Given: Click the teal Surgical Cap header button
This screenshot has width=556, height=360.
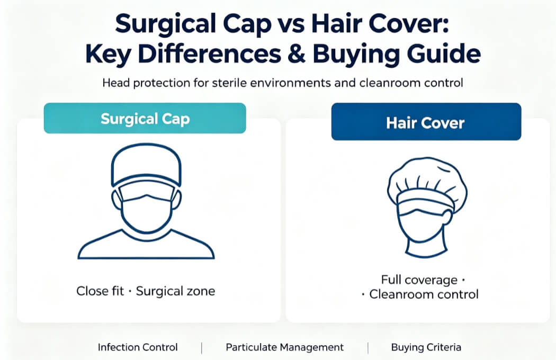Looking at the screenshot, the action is tap(145, 118).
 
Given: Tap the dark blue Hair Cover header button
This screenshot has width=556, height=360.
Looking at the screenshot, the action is tap(426, 122).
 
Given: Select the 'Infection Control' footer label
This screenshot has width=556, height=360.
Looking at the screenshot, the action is tap(138, 347).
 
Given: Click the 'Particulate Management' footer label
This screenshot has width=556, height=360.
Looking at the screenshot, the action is tap(285, 347).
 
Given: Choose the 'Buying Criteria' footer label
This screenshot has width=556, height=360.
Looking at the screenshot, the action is tap(426, 347).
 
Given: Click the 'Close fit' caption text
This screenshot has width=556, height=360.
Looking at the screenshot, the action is tap(100, 291).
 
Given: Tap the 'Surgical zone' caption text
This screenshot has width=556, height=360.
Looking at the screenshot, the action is tap(175, 291).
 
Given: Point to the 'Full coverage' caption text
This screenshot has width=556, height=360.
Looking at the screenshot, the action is tap(419, 280).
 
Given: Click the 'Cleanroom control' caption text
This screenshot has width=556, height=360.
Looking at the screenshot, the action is tap(424, 294).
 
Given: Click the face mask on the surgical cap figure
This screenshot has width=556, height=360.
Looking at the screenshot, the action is tap(147, 209).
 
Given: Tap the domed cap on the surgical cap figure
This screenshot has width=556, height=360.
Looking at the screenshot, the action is tap(146, 164).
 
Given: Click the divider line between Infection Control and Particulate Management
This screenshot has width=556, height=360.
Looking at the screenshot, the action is tap(201, 348).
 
